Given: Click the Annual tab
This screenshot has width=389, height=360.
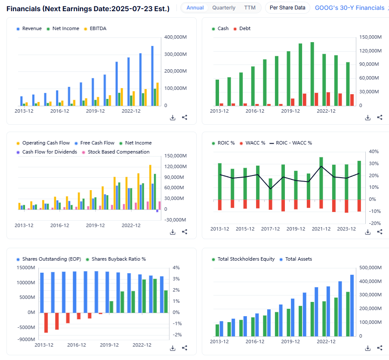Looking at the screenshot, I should tap(195, 8).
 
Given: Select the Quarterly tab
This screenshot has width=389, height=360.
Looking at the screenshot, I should tap(224, 8).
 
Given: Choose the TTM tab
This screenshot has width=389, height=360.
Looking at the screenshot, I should tap(250, 8).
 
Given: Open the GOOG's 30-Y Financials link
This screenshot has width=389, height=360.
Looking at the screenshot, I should tap(349, 8).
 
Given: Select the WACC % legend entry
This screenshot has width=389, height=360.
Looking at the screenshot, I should tap(255, 143).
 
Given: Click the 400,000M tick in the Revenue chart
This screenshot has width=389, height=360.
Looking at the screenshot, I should tap(176, 37).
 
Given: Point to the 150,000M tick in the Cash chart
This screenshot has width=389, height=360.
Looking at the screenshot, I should tap(371, 37).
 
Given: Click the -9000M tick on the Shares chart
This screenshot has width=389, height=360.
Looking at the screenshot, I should tap(25, 339).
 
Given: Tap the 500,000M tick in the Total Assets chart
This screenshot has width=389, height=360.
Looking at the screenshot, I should tap(371, 268).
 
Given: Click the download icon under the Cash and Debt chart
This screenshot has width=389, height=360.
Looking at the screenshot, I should tap(368, 117).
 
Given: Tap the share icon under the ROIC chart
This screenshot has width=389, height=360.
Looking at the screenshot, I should tap(380, 232).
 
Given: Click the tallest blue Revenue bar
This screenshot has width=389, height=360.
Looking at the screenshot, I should tap(152, 76).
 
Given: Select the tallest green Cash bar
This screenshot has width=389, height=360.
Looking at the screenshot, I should tap(312, 74).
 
